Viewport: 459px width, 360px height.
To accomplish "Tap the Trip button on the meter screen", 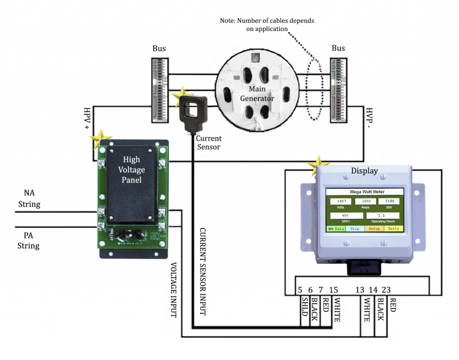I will pos(354,228).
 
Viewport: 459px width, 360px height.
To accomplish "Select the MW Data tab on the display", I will pos(335,228).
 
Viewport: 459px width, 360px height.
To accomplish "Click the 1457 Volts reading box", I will pos(342,201).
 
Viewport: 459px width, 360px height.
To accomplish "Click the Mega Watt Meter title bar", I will pos(365,192).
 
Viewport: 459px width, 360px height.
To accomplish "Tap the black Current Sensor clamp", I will pos(194,111).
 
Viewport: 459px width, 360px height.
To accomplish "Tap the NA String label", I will pos(32,199).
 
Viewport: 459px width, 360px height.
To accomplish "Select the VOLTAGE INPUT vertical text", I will pos(173,289).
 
